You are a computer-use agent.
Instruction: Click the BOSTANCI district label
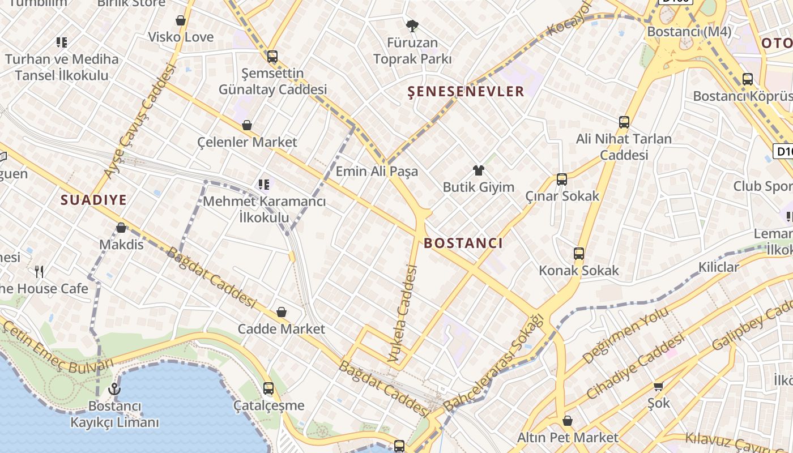point(463,243)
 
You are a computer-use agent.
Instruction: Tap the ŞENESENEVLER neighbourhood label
point(466,92)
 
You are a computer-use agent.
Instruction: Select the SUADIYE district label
point(93,199)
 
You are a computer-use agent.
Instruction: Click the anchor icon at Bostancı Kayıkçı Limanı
point(114,389)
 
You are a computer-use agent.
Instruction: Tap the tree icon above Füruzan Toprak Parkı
point(412,25)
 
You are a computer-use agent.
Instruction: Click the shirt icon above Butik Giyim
point(479,170)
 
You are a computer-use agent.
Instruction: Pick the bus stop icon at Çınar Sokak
point(562,180)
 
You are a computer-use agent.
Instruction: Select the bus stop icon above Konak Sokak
point(579,254)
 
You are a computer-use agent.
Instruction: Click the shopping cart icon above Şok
point(658,386)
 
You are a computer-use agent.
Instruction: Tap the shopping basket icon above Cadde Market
point(282,312)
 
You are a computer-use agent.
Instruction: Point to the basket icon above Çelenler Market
point(247,125)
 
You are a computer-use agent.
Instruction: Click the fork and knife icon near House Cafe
point(39,272)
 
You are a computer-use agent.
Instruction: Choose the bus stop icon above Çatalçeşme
point(268,388)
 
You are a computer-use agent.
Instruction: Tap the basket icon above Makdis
point(121,228)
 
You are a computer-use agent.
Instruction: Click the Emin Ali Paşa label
point(377,171)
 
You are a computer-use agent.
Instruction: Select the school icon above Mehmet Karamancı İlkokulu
point(263,184)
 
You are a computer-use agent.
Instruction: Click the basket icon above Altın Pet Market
point(568,421)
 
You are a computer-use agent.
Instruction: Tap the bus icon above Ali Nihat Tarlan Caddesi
point(624,122)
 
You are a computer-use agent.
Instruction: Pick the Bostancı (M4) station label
point(689,32)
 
